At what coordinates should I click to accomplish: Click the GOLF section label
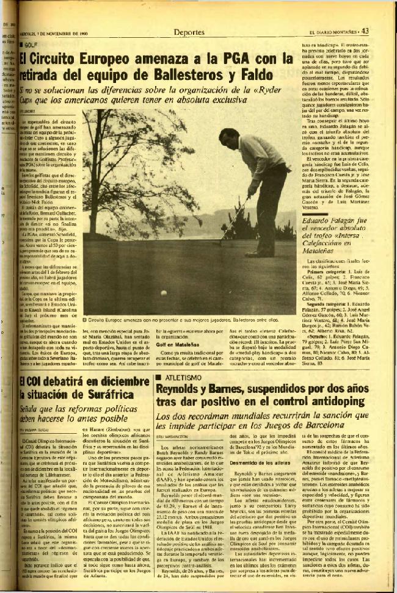click(x=32, y=45)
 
